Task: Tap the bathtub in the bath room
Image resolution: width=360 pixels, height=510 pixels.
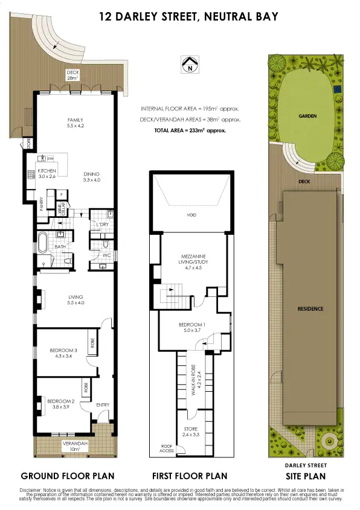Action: pos(43,242)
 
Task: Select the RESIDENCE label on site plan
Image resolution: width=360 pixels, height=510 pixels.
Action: pos(310,309)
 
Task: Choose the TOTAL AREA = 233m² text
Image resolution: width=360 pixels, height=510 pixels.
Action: pos(190,130)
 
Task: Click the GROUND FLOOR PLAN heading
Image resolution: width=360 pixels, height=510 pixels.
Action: pos(67,475)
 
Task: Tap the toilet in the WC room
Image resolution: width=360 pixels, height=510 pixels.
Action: pos(103,245)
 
